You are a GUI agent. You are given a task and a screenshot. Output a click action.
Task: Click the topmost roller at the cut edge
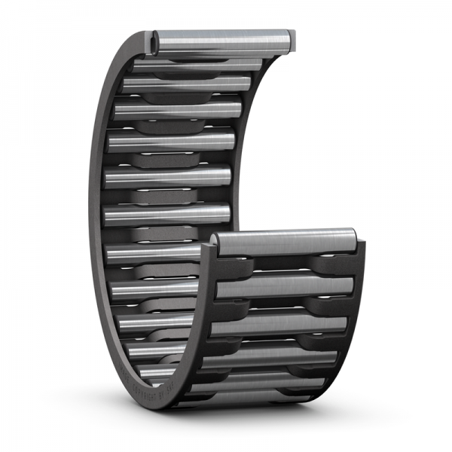[222, 38]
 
